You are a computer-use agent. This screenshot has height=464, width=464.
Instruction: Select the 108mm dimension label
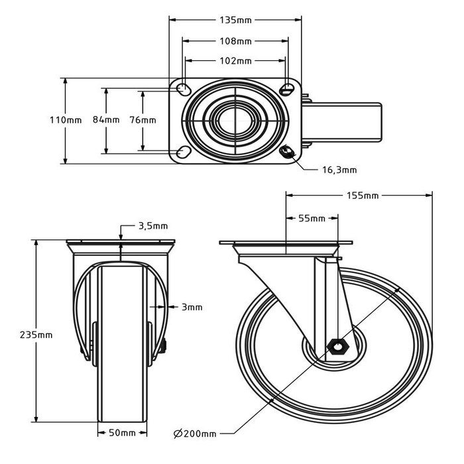click(235, 41)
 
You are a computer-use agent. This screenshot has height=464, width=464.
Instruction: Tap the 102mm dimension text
click(235, 61)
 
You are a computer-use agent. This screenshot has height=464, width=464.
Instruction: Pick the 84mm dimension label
click(106, 120)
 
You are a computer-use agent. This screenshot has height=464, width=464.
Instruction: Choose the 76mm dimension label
click(143, 120)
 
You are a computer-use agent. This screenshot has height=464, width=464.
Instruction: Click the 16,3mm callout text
click(339, 170)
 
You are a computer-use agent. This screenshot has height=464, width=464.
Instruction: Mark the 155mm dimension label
click(362, 196)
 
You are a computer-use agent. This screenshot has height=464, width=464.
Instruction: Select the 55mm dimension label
click(312, 218)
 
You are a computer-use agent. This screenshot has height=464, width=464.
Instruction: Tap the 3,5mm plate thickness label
click(152, 226)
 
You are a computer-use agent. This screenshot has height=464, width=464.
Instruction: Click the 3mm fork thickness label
click(192, 307)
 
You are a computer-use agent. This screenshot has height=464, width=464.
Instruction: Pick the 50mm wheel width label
click(122, 433)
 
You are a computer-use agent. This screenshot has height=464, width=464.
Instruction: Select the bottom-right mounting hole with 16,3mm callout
click(288, 152)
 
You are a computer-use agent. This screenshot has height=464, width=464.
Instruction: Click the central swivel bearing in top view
click(235, 120)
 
